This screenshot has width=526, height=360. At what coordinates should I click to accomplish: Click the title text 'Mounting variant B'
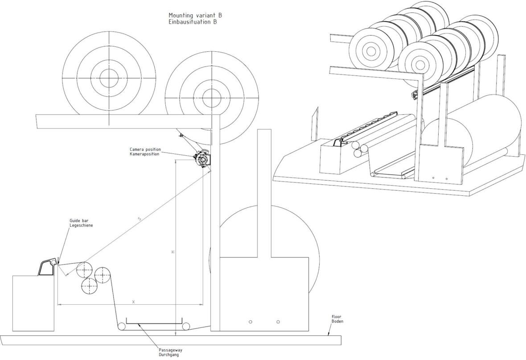click(x=195, y=16)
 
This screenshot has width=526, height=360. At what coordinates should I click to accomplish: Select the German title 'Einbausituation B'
click(x=193, y=21)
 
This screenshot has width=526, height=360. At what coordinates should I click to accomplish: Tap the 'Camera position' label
click(x=145, y=149)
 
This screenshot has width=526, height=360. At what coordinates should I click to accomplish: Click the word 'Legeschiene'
click(x=81, y=226)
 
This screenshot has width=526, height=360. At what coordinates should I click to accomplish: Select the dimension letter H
click(x=173, y=252)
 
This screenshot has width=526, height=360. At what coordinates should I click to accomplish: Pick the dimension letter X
click(x=133, y=302)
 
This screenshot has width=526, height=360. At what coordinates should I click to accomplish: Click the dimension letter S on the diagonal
click(x=140, y=219)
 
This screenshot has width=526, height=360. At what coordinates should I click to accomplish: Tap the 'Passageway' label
click(x=170, y=350)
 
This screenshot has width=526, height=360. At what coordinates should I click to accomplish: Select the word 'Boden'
click(x=337, y=321)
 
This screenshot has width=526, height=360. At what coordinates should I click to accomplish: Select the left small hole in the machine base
click(x=251, y=322)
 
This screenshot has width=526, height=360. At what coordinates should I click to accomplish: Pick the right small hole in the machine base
click(x=278, y=322)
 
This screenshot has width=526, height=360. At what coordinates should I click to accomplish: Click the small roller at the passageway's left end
click(x=121, y=327)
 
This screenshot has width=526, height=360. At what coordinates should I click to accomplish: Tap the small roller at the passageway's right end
click(x=185, y=327)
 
